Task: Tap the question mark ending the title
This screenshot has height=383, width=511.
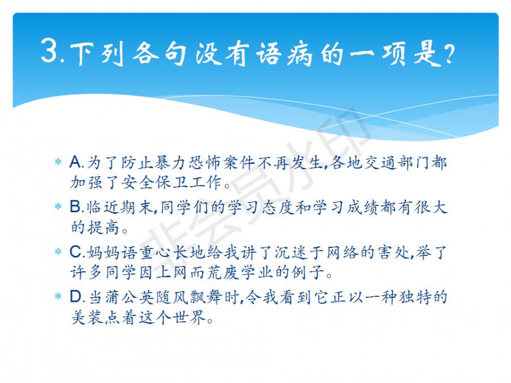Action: coord(450,54)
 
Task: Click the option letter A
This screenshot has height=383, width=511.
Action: coord(76,162)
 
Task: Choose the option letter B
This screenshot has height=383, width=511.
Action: coord(76,207)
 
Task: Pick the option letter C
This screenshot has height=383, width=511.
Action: coord(76,252)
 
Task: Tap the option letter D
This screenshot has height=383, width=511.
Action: coord(77,297)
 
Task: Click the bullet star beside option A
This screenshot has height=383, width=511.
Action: coord(58,162)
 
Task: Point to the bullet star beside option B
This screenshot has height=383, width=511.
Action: coord(58,207)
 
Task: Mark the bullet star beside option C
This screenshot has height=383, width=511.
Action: coord(58,251)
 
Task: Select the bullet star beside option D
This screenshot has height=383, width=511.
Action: coord(58,296)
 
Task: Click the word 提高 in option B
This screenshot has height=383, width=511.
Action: coord(103,227)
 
